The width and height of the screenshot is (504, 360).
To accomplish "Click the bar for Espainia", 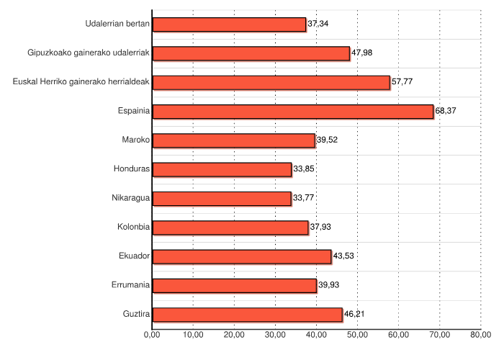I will pyautogui.click(x=293, y=112).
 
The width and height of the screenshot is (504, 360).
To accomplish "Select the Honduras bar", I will pyautogui.click(x=222, y=170).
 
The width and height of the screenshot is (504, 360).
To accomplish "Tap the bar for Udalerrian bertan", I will pyautogui.click(x=230, y=24).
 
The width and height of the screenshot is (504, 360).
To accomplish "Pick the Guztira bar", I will pyautogui.click(x=248, y=315).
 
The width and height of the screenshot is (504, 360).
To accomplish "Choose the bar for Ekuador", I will pyautogui.click(x=242, y=256).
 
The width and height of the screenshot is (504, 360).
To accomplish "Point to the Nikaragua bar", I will pyautogui.click(x=222, y=199).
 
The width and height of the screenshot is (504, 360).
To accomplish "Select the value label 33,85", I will pyautogui.click(x=304, y=169).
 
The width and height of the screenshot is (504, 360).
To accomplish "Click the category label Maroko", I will pyautogui.click(x=136, y=140).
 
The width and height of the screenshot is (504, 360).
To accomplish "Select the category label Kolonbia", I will pyautogui.click(x=133, y=228).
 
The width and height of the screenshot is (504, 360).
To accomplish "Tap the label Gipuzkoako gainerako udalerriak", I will pyautogui.click(x=89, y=53).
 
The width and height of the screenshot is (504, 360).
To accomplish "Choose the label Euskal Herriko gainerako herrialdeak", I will pyautogui.click(x=81, y=82).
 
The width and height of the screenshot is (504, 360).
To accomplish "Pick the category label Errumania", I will pyautogui.click(x=131, y=285).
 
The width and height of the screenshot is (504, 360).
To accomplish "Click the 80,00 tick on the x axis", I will pyautogui.click(x=480, y=334).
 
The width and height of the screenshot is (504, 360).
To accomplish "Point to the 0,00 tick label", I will pyautogui.click(x=152, y=334).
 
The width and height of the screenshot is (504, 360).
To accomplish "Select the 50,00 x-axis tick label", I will pyautogui.click(x=357, y=334).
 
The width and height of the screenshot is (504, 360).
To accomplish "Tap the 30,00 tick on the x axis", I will pyautogui.click(x=275, y=334).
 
